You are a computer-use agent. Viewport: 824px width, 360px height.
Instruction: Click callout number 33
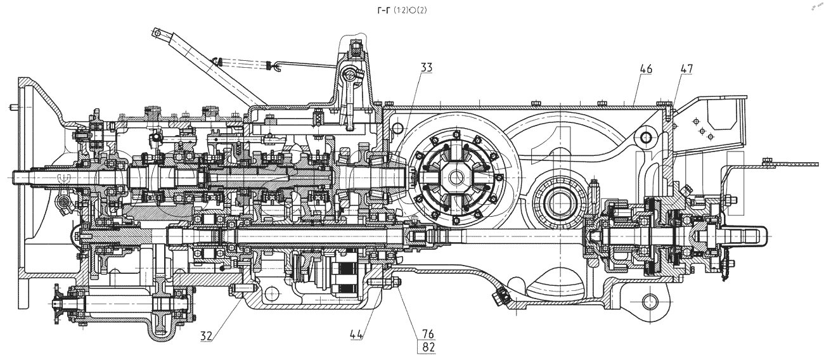426,67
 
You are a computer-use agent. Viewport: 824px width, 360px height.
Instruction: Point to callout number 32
207,335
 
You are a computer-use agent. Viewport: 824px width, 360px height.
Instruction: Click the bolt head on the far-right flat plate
768,160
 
